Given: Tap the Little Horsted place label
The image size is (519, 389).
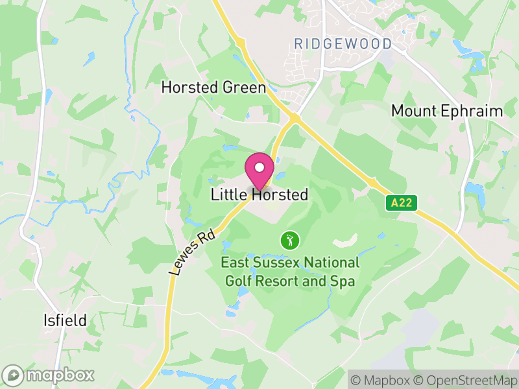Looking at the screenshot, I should (259, 194).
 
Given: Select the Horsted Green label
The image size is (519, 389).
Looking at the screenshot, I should (213, 88).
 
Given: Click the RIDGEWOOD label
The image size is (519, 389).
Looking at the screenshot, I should (343, 44).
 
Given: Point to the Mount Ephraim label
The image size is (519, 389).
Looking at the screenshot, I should (447, 111).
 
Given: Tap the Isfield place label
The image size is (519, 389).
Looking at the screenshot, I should (64, 320).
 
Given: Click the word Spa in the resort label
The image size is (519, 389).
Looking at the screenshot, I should (343, 281).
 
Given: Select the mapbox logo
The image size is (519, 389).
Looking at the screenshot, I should (49, 375).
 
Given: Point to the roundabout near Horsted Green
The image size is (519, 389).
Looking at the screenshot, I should (294, 118).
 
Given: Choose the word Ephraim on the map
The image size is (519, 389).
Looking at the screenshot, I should (471, 111).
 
